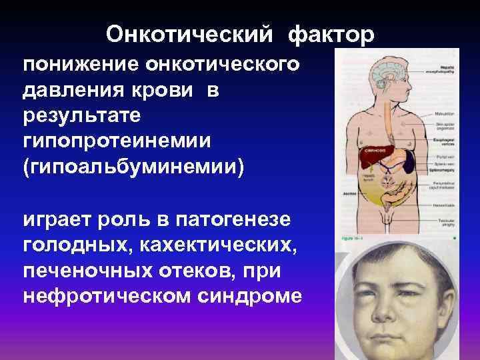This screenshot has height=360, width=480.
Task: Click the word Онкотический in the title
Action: (189, 35)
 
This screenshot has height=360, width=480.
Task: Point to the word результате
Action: (82, 117)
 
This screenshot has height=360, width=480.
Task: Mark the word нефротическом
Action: (106, 295)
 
